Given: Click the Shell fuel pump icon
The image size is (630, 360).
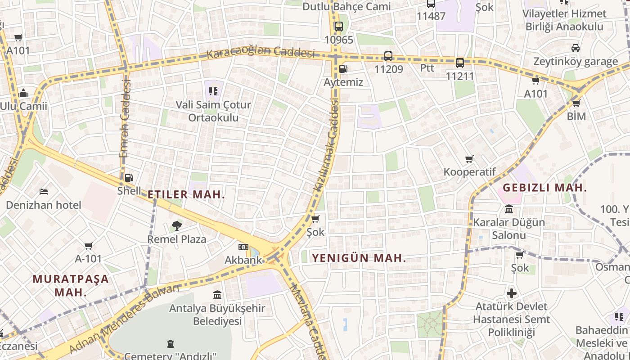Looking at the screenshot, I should [x=129, y=178].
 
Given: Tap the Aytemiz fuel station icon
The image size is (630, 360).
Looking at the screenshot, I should [x=343, y=69].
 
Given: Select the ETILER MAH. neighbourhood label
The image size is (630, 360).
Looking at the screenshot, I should [x=186, y=195].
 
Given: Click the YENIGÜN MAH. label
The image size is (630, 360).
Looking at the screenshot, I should [x=359, y=258].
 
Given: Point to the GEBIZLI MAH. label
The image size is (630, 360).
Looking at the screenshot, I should [x=544, y=188].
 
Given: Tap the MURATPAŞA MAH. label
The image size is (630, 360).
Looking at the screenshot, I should [x=71, y=285].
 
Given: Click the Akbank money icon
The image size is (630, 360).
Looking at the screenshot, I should [x=243, y=247].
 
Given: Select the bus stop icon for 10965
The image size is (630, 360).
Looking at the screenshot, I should [x=338, y=27].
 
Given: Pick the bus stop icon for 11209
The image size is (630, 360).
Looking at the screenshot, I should [x=388, y=56].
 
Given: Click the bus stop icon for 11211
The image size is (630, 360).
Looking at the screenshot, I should [x=459, y=63].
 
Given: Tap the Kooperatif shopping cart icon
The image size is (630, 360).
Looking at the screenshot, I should [x=469, y=159].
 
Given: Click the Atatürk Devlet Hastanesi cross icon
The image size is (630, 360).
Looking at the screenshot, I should [x=511, y=293].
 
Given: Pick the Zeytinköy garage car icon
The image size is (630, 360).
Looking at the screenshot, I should [x=575, y=48].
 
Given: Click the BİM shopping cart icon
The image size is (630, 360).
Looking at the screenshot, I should [x=576, y=103].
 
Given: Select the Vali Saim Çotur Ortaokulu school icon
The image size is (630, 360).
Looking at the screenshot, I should [x=213, y=91].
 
